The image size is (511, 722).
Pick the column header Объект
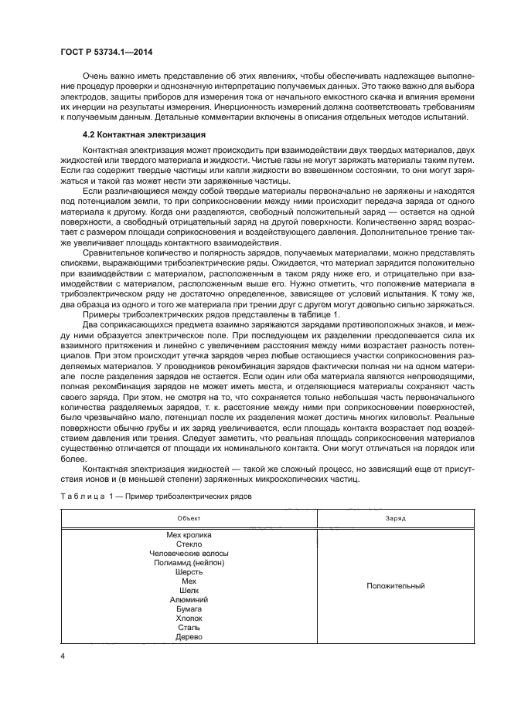189,518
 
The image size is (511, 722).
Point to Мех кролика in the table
189,534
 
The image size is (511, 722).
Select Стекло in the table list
189,544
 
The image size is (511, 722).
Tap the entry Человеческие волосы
189,553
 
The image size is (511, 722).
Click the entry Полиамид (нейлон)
189,562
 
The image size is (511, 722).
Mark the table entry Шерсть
189,571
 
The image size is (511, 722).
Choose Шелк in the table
189,590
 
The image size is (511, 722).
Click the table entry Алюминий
189,599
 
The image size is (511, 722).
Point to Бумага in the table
189,608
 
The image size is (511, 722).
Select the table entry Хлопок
189,618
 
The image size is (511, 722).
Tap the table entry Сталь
189,627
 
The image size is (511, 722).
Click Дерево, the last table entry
189,636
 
